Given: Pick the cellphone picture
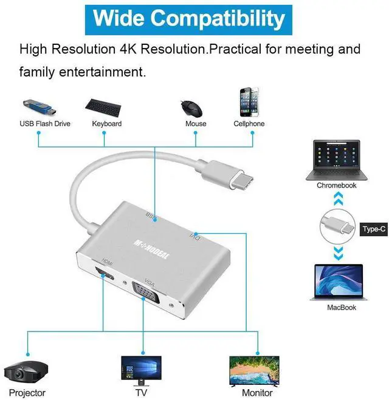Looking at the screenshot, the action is click(x=249, y=103).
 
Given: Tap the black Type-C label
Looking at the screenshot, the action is click(x=373, y=229).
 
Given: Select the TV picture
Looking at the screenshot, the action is click(x=141, y=368).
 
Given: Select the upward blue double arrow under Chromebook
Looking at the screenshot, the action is click(x=337, y=199).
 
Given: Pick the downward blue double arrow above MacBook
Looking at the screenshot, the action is click(x=337, y=252).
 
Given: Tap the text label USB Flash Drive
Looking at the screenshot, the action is click(x=45, y=124).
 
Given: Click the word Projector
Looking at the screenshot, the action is click(x=27, y=393).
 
